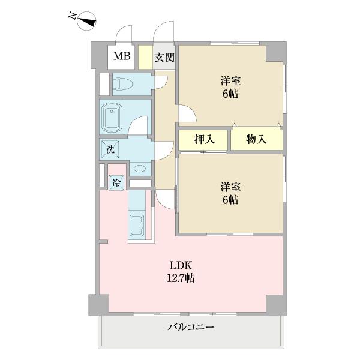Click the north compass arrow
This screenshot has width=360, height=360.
click(x=85, y=22)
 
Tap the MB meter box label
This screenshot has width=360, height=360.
click(x=122, y=58)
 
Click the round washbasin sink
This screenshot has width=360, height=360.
click(x=139, y=169)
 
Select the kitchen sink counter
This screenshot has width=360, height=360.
click(x=136, y=226)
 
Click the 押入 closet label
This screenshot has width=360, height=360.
click(x=203, y=140)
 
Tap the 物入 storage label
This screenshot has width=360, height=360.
click(x=256, y=140)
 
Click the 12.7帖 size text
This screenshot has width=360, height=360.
click(x=181, y=278)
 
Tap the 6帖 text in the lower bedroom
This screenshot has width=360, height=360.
click(x=230, y=200)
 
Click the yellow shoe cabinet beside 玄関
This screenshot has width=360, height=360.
click(x=145, y=58)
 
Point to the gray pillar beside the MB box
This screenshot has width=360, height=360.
click(x=99, y=56)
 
